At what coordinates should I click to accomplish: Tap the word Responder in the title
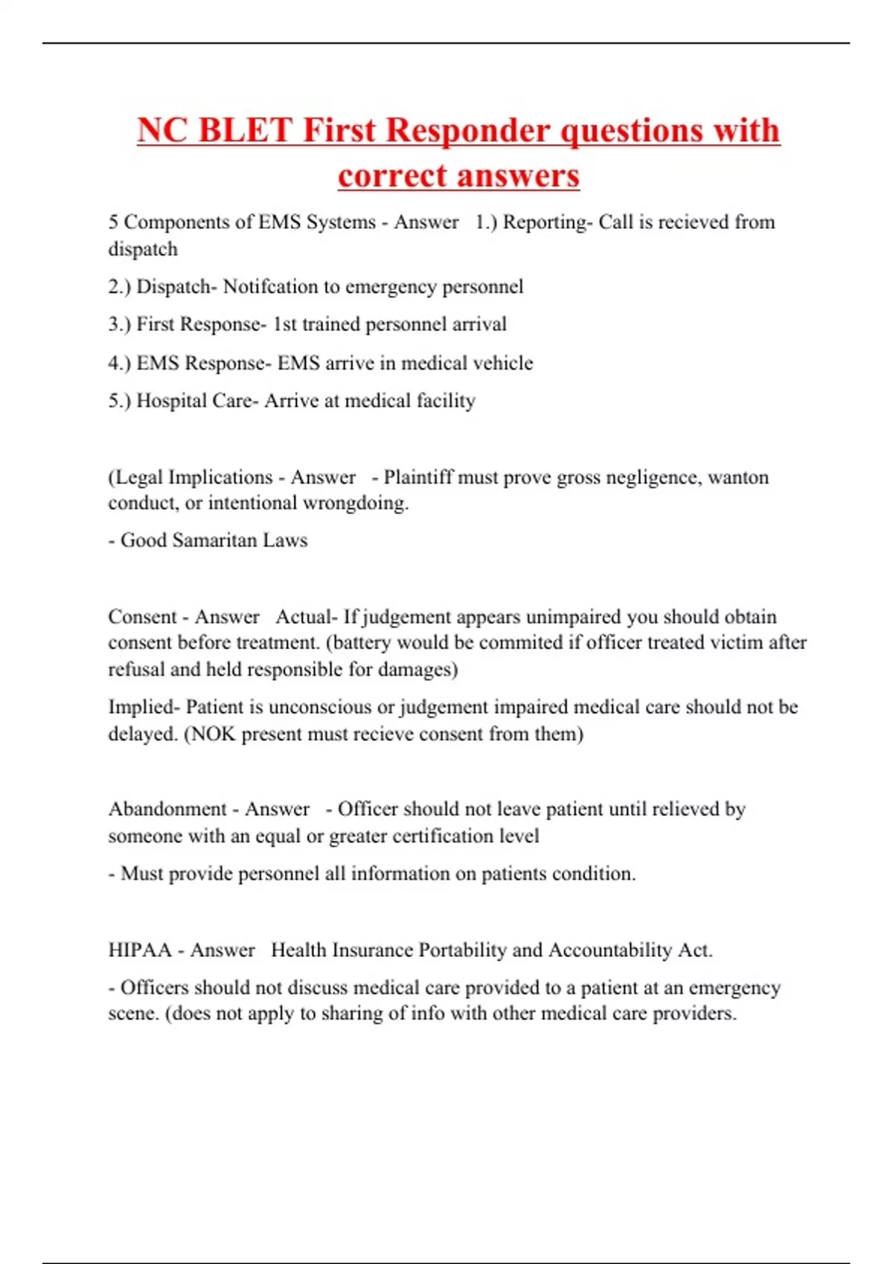(469, 130)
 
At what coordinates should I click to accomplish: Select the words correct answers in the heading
(458, 175)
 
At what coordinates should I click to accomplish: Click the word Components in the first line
(176, 222)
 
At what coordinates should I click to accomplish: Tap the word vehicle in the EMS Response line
(502, 363)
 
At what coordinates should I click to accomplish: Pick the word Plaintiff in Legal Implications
(417, 477)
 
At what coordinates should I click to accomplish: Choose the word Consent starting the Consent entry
(143, 616)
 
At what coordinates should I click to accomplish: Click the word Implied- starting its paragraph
(144, 706)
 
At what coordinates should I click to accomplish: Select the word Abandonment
(167, 809)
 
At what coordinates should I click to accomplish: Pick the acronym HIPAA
(140, 950)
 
